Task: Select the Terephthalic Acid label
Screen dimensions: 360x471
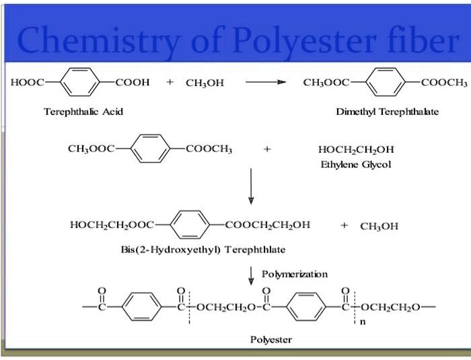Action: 74,111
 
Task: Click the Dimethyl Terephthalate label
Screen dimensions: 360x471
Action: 387,112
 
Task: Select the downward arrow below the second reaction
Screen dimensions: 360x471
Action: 251,186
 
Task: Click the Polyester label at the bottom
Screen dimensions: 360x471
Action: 271,340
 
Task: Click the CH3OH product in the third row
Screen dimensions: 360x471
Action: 379,226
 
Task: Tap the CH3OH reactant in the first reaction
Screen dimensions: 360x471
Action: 204,83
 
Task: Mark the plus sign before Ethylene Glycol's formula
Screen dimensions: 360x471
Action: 268,149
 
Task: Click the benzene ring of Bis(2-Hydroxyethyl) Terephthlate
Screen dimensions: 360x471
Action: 191,225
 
